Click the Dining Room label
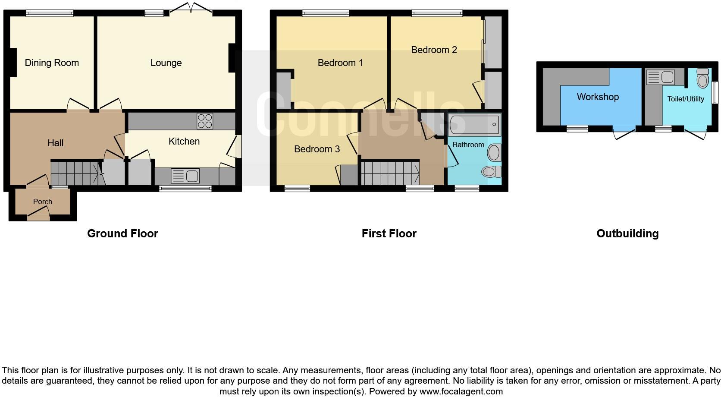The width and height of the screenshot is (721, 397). pos(52,63)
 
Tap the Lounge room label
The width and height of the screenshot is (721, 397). pos(166,63)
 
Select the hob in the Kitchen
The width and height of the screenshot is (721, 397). pos(204,121)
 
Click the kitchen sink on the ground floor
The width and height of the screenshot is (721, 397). pos(185,176)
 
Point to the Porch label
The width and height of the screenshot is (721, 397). pos(43,202)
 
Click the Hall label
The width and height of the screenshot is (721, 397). pos(55,143)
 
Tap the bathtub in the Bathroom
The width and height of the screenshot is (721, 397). pos(474,125)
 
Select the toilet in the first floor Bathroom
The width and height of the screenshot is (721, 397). pos(491,171)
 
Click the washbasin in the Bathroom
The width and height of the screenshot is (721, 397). pos(494,152)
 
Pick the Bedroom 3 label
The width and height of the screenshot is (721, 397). pos(317,149)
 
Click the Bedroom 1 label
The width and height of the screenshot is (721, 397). pos(340,63)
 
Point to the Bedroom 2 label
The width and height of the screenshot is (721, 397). pos(434,50)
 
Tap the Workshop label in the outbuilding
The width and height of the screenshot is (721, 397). pos(597,97)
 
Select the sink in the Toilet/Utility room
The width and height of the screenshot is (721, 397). pos(660,78)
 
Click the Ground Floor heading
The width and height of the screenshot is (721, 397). pos(122,233)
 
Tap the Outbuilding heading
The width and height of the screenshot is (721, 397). pos(627,233)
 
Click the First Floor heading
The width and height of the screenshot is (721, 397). pos(389,233)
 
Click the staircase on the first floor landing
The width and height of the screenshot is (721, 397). pos(389,173)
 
